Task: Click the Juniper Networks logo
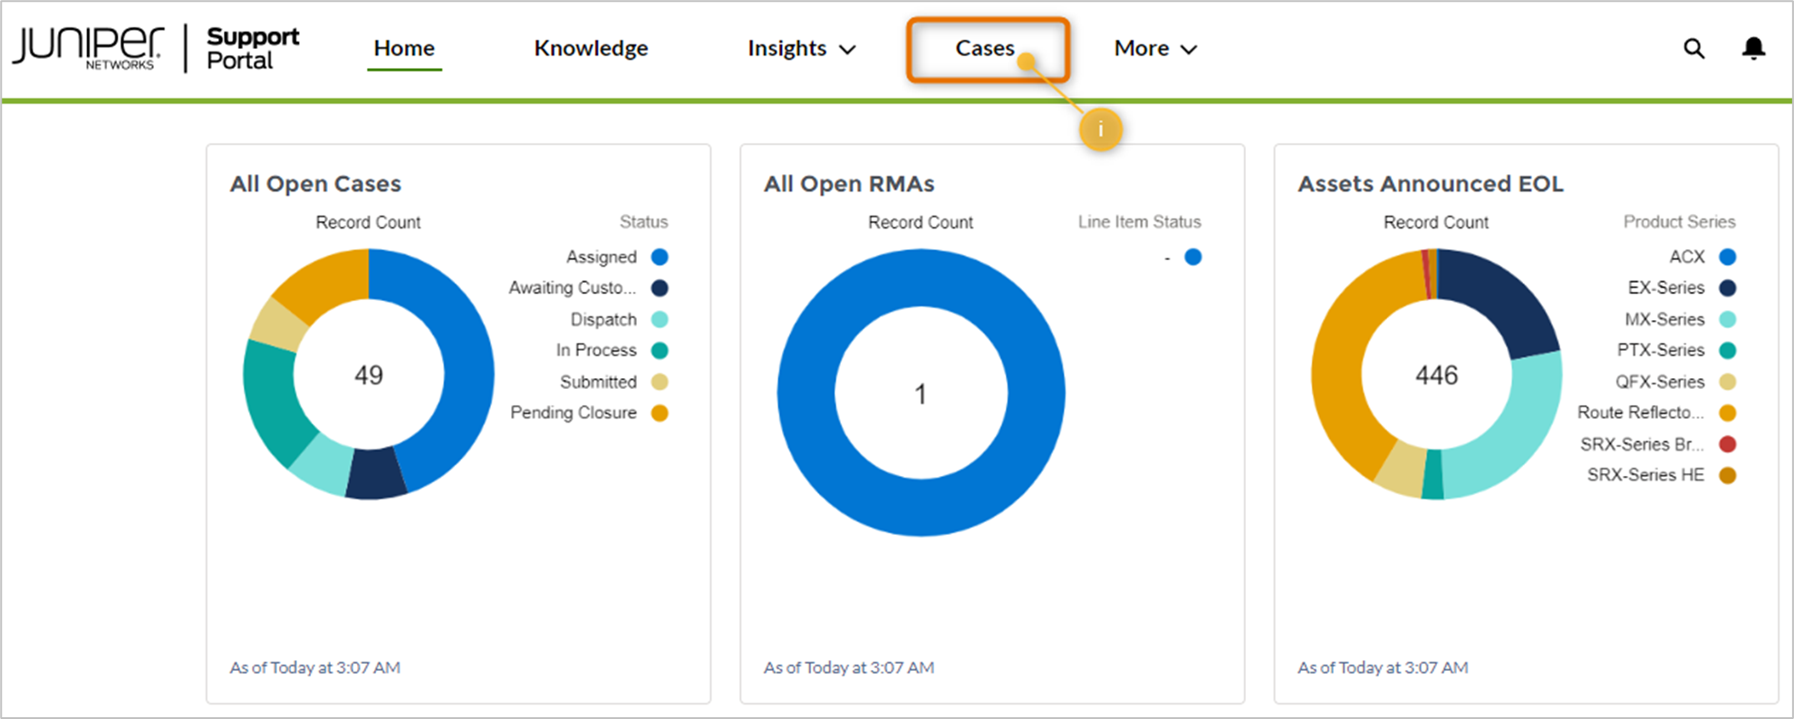click(x=88, y=48)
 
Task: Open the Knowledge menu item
click(x=591, y=48)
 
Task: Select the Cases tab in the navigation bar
click(x=985, y=48)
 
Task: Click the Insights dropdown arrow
click(x=847, y=50)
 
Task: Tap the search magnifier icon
click(x=1693, y=48)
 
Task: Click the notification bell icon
click(x=1754, y=48)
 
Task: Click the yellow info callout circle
click(x=1101, y=130)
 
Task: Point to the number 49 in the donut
click(x=369, y=374)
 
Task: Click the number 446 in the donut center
click(x=1437, y=374)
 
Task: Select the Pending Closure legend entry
click(x=589, y=413)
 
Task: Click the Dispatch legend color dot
click(x=660, y=319)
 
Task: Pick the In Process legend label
click(x=596, y=350)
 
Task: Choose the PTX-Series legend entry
click(x=1676, y=350)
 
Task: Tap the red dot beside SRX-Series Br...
click(x=1728, y=444)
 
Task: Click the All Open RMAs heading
click(x=849, y=184)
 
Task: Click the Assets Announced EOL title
click(x=1431, y=184)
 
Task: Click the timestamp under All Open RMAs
click(x=849, y=667)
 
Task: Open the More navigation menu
click(x=1155, y=48)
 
